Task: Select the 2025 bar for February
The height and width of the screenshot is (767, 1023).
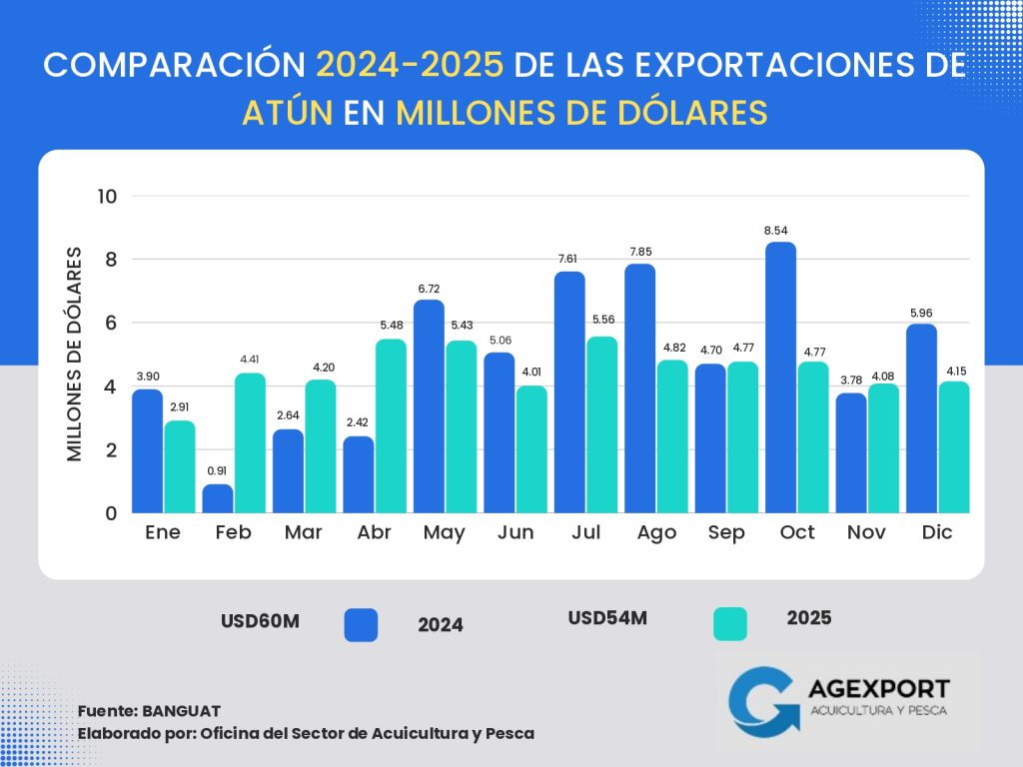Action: pos(250,443)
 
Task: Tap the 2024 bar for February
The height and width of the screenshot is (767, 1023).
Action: pos(218,498)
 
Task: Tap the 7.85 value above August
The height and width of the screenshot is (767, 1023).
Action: pos(640,252)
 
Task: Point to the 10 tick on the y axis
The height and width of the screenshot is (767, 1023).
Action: pos(107,196)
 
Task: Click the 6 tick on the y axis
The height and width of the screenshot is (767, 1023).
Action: pos(109,323)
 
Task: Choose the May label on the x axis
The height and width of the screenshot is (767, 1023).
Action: pos(445,532)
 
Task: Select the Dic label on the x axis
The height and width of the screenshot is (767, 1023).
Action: pos(937,532)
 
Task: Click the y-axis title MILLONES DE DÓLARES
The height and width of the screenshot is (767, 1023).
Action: pos(75,355)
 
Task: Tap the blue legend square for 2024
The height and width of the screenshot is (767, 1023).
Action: pos(361,624)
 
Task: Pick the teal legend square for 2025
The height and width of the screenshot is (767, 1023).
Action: pos(730,624)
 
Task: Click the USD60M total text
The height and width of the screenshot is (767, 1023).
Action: pos(260,621)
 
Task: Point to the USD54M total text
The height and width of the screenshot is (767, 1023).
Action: pos(607,618)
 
